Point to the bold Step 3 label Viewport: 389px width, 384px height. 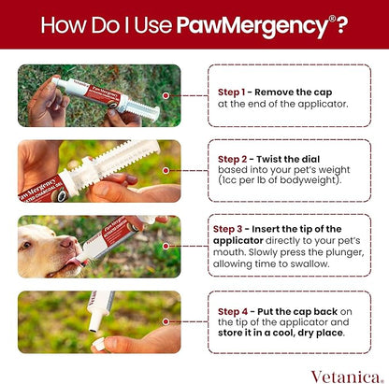pyautogui.click(x=232, y=228)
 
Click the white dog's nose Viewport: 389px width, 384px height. pyautogui.click(x=64, y=243)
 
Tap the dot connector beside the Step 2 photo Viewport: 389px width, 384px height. pyautogui.click(x=167, y=170)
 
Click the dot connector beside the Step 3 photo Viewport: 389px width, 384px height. pyautogui.click(x=167, y=246)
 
